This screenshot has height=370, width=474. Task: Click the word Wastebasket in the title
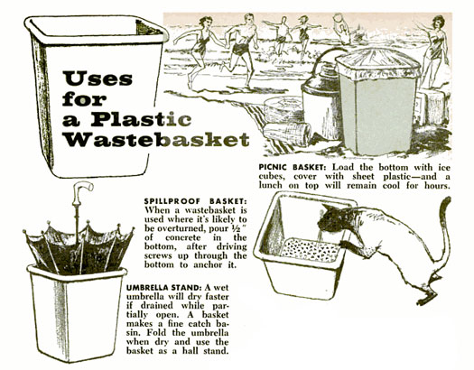tap(157, 139)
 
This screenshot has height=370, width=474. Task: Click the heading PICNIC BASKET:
tap(293, 167)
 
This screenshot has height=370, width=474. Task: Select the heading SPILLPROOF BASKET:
tap(195, 201)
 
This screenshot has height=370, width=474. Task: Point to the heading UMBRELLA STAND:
tap(163, 287)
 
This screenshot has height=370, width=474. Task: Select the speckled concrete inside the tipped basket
tap(311, 250)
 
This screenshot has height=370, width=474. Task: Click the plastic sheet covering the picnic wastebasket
tap(378, 64)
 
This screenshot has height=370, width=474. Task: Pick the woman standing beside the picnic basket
tap(433, 51)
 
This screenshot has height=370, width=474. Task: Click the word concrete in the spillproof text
tap(183, 237)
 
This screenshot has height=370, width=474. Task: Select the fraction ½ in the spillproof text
tap(235, 228)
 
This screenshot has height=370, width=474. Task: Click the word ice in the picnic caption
tap(444, 167)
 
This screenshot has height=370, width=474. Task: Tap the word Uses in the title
tap(98, 79)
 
